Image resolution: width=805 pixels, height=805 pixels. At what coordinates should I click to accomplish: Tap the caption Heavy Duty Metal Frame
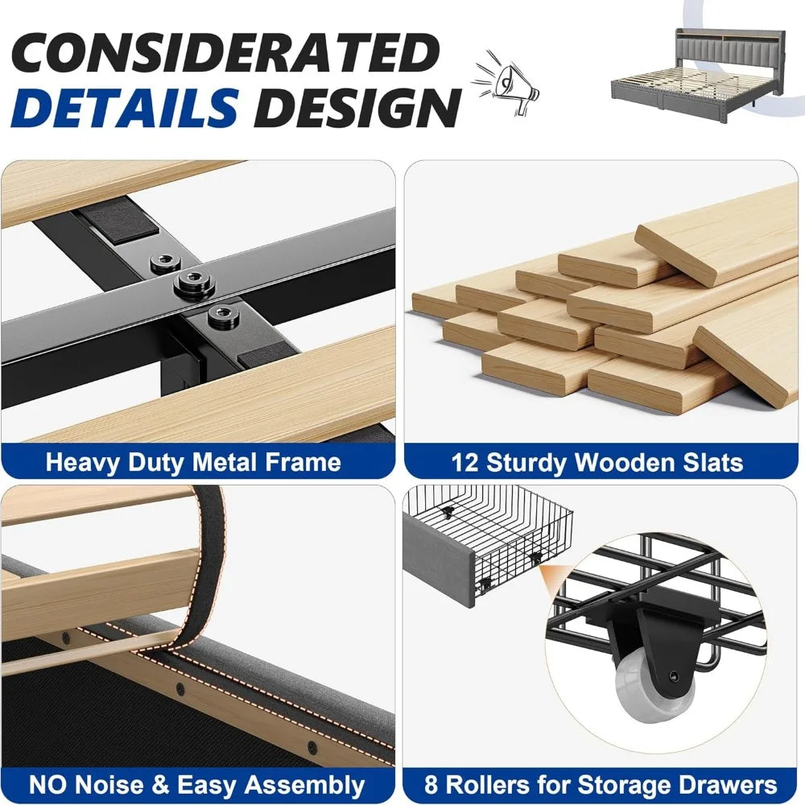click(x=193, y=462)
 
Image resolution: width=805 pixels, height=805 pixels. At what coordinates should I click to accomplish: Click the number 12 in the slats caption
click(x=465, y=462)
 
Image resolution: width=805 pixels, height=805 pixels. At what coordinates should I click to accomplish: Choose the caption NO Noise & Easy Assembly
click(x=196, y=785)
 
